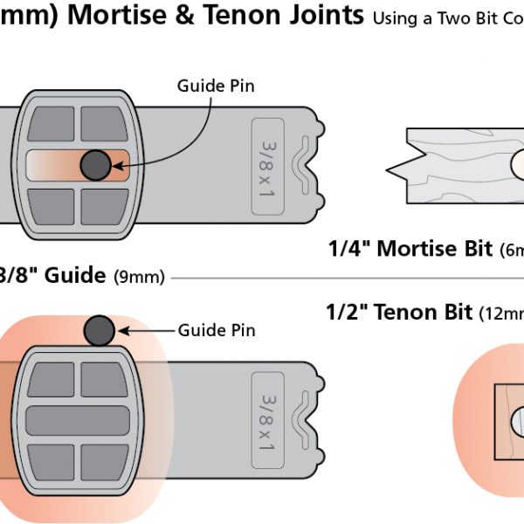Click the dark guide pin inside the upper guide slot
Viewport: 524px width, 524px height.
pos(94,164)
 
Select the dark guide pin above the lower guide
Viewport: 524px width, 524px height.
pos(100,330)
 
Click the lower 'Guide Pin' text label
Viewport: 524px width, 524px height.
pos(217,331)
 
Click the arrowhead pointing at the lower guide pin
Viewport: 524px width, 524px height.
pos(124,331)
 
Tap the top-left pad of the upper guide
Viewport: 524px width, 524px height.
pos(52,124)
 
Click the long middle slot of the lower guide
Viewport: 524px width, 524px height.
pos(77,422)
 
